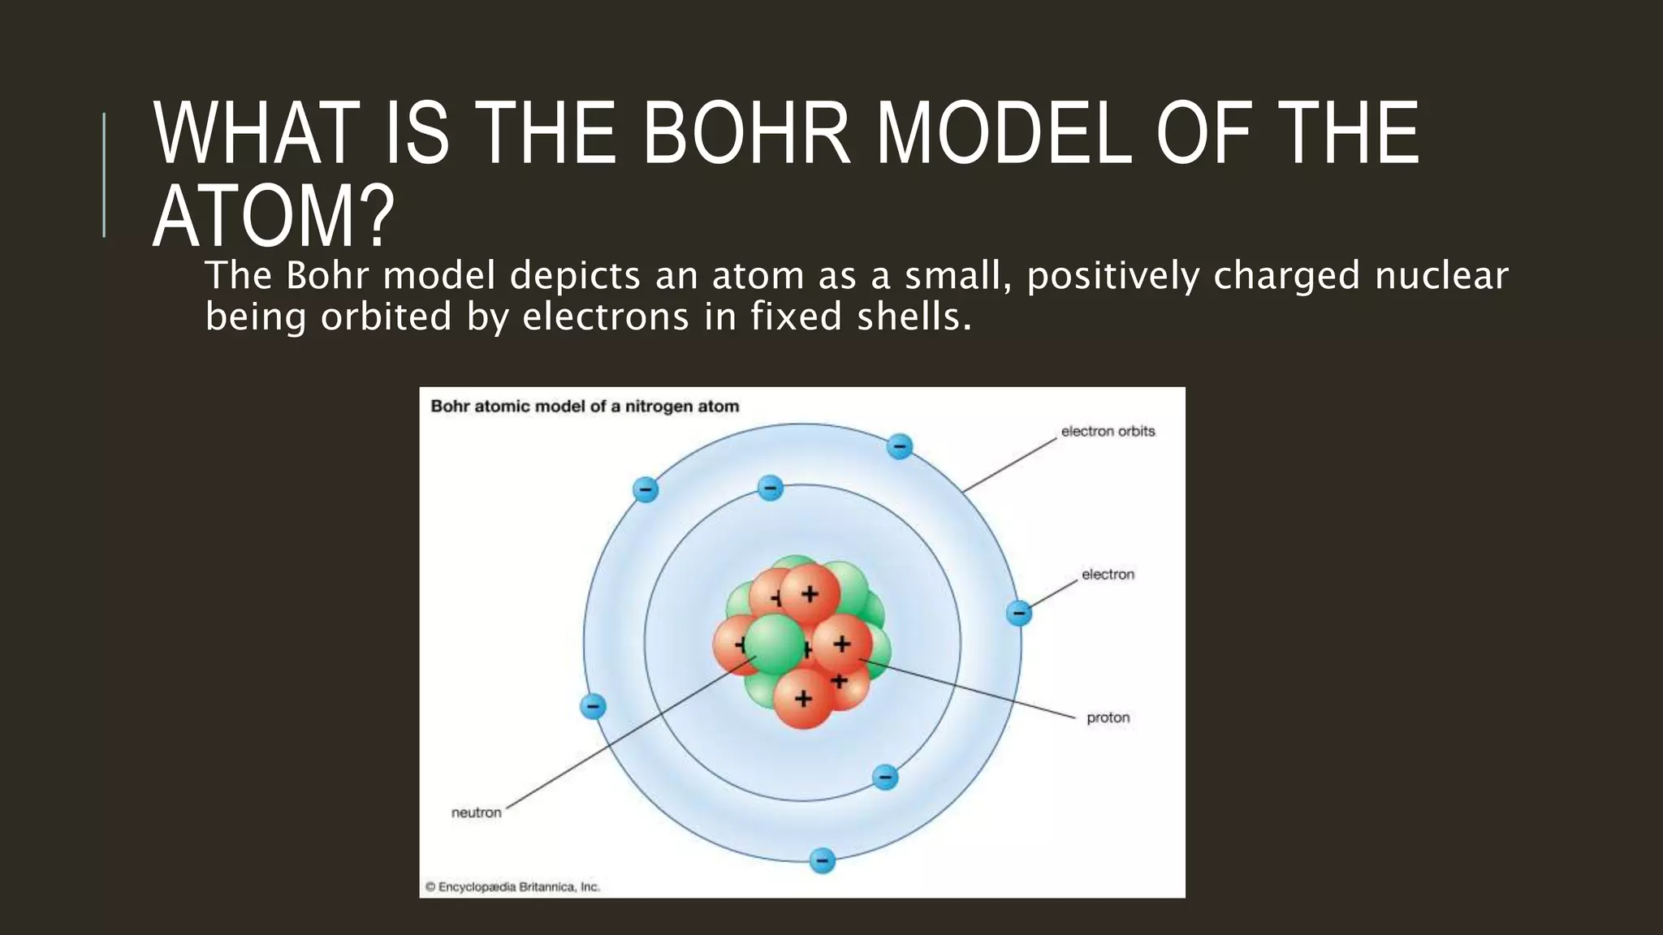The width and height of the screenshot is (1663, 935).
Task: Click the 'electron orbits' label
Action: pos(1108,432)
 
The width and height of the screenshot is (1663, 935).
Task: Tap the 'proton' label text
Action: pos(1108,717)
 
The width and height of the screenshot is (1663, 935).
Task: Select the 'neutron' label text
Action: pos(477,812)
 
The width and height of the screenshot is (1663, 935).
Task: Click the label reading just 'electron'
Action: pos(1108,575)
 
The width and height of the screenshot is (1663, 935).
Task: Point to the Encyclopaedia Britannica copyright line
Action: pos(512,887)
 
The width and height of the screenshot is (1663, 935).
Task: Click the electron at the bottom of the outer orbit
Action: pos(823,860)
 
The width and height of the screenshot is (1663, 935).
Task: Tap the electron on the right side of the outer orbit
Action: pos(1018,613)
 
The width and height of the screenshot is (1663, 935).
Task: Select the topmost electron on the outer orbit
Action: pos(899,446)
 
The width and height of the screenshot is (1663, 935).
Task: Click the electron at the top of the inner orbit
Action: pos(770,488)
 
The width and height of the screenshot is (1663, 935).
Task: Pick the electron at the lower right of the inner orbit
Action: pos(885,777)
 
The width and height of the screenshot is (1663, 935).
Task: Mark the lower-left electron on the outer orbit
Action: pos(593,706)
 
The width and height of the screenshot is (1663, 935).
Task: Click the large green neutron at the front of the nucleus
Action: pos(774,644)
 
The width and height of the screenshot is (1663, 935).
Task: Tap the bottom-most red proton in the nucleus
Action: pos(802,698)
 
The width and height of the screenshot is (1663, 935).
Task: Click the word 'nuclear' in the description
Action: pos(1441,276)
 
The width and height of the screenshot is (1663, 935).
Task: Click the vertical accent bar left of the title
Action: pos(104,175)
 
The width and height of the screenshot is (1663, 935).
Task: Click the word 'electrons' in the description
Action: pos(606,317)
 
